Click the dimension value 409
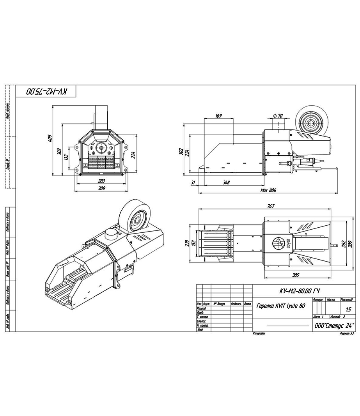[x=50, y=139]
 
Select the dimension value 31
[x=193, y=182]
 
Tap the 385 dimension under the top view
[x=296, y=275]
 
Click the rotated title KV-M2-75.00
[x=46, y=92]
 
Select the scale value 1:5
[x=348, y=309]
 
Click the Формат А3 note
[x=346, y=334]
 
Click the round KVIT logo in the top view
[x=278, y=242]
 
